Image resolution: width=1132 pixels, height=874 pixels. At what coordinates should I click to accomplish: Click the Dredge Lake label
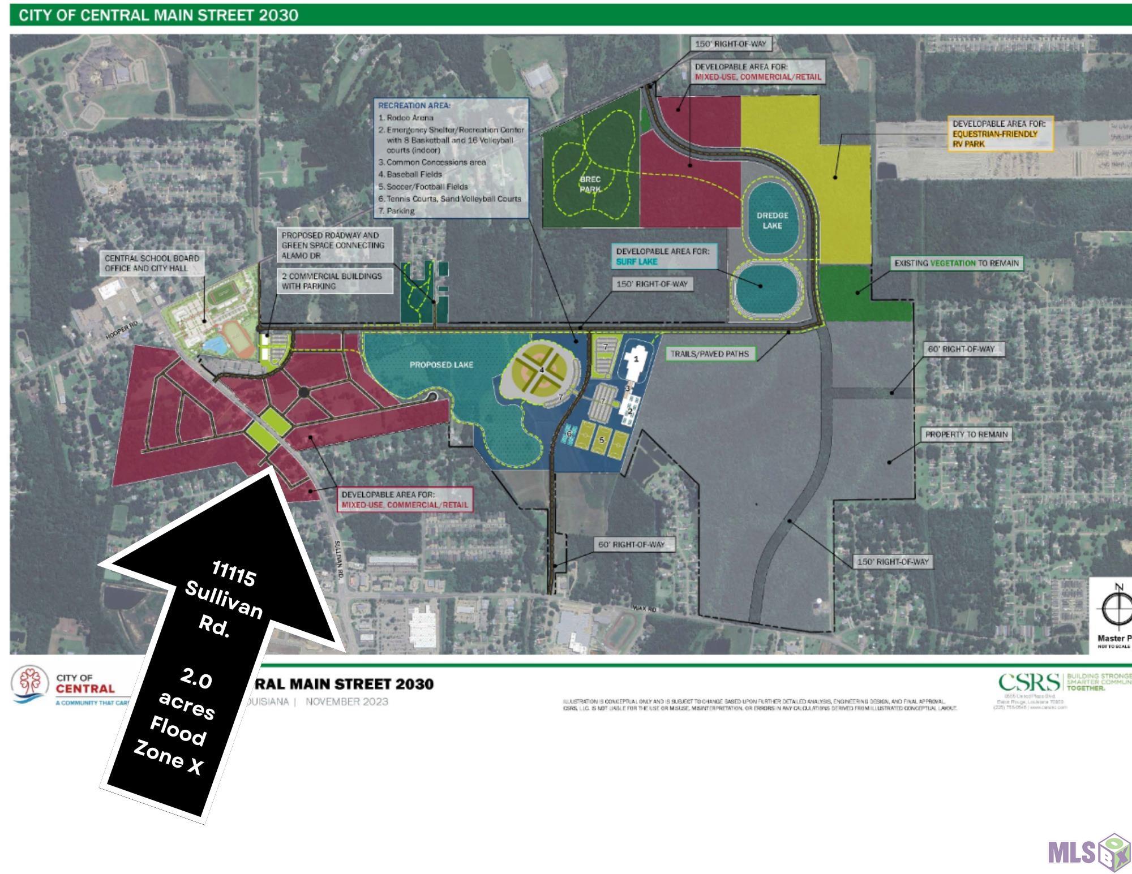(772, 220)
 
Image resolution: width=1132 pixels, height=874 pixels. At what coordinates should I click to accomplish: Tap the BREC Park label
(590, 184)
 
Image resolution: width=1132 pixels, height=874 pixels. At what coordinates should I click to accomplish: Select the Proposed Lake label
(441, 365)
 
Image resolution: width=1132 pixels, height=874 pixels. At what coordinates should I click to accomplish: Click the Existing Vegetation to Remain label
(957, 263)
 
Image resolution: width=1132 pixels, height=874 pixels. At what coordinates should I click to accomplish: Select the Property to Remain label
(966, 434)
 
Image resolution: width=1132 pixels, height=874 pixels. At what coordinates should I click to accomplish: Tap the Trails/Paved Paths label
(709, 354)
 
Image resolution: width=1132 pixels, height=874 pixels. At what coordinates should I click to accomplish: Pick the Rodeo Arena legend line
(406, 118)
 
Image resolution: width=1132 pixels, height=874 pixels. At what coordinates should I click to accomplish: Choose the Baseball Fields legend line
(410, 174)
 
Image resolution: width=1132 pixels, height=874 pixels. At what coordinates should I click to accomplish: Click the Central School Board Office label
(152, 263)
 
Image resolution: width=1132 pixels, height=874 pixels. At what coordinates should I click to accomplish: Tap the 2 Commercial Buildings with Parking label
(332, 281)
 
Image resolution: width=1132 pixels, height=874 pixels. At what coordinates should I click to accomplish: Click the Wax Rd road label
(645, 609)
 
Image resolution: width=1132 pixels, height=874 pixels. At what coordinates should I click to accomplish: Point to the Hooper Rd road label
(122, 330)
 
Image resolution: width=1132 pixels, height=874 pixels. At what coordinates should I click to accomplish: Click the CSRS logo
(1029, 682)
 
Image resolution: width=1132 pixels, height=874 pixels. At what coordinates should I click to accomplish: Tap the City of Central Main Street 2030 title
(158, 15)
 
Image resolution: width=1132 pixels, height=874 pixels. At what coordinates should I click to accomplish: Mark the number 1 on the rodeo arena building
(636, 359)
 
